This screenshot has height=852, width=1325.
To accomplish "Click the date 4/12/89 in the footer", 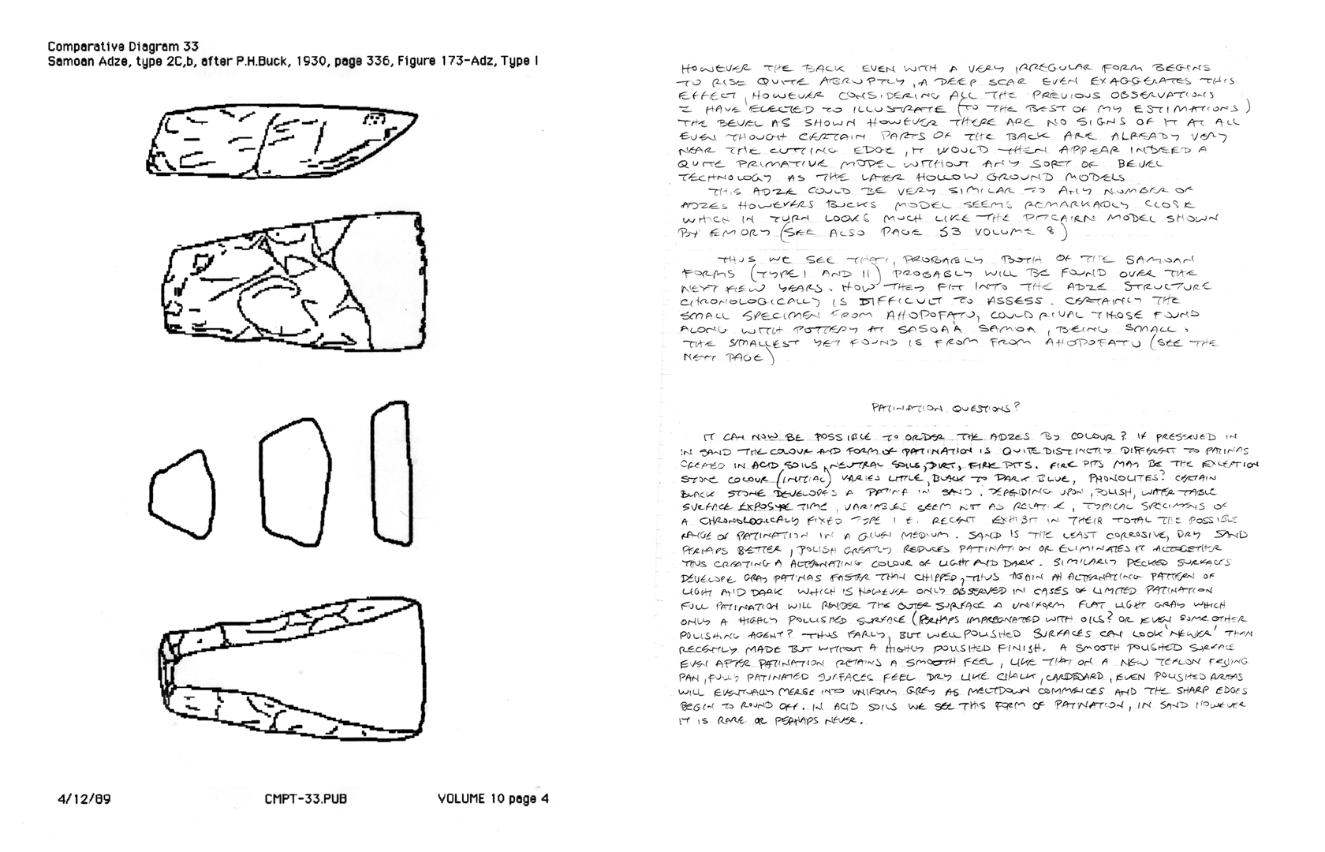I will click(84, 799).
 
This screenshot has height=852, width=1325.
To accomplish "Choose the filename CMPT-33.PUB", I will click(306, 799).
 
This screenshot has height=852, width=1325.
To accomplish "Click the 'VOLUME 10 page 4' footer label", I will click(493, 799).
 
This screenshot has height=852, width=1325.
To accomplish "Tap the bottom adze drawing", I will click(292, 670).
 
